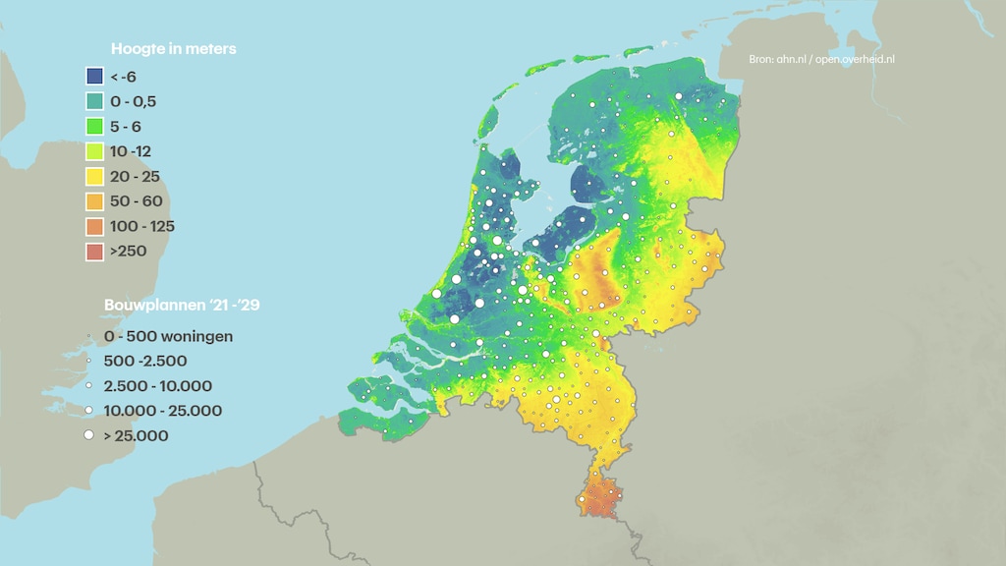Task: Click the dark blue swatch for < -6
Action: [x=94, y=77]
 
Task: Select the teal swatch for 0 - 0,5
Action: [x=94, y=101]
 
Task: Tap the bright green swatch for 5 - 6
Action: [x=94, y=127]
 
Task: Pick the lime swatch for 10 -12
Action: [x=94, y=151]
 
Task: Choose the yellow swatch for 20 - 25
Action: [x=94, y=177]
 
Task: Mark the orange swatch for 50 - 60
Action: [x=94, y=201]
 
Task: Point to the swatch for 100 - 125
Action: [x=94, y=227]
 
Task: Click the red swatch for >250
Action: [x=94, y=252]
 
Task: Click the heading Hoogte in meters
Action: [x=173, y=48]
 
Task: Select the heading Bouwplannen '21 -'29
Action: [x=182, y=305]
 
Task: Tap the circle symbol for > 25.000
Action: [x=88, y=435]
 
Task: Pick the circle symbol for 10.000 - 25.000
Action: [x=88, y=411]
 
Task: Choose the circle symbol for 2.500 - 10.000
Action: [x=88, y=386]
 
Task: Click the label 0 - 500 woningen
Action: [x=167, y=336]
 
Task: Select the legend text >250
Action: [x=128, y=252]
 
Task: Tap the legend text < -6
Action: [x=123, y=77]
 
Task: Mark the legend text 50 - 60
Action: [x=135, y=201]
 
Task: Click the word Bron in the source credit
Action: [x=761, y=60]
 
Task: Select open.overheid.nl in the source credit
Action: [x=855, y=60]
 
